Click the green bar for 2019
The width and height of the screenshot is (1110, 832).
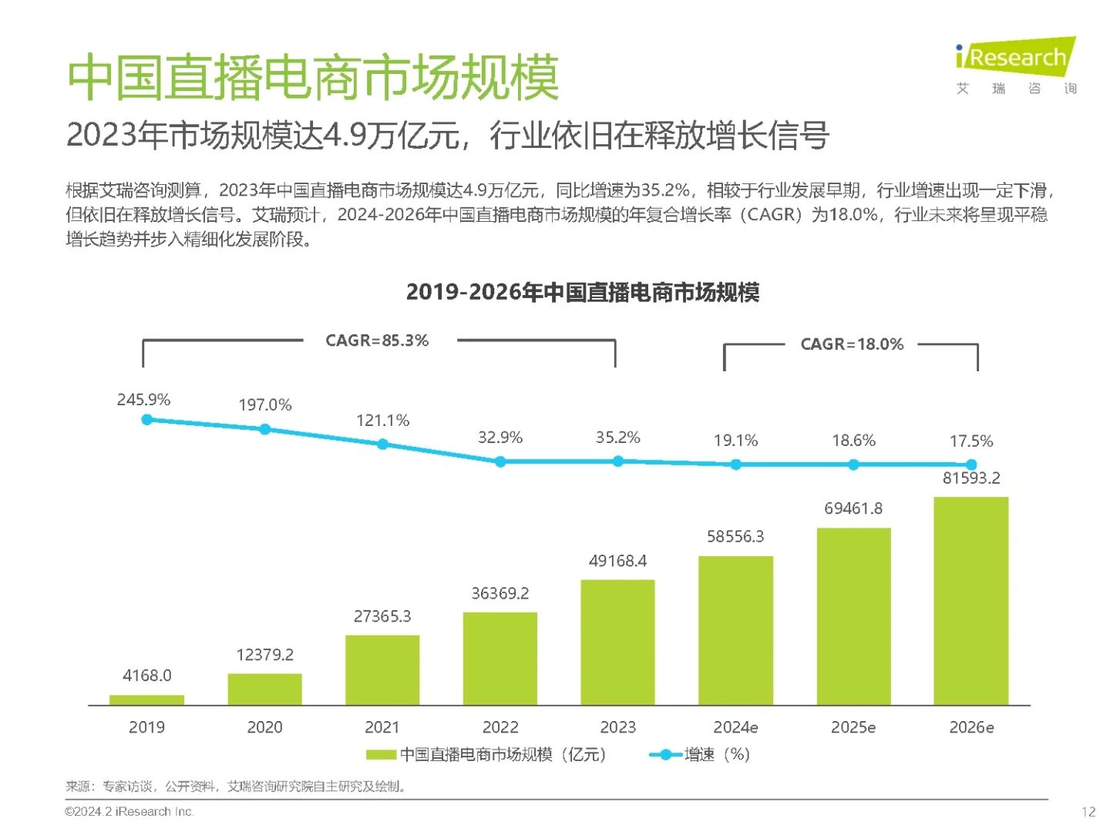click(146, 699)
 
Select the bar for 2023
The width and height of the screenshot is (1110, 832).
click(617, 642)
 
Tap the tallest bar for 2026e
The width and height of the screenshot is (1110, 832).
click(970, 601)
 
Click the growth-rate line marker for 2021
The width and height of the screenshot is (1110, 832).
click(382, 445)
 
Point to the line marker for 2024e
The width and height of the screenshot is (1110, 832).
click(735, 465)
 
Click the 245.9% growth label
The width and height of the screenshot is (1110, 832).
click(143, 400)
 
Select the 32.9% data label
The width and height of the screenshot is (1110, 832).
click(499, 438)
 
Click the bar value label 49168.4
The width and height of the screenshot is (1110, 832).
click(617, 561)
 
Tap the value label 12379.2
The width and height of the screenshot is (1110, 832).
click(264, 655)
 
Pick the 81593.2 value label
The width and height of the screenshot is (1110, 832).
click(970, 478)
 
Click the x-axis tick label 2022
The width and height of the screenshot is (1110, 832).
click(499, 727)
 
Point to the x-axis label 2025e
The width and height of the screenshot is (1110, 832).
click(853, 727)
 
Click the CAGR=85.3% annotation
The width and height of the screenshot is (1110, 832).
click(377, 341)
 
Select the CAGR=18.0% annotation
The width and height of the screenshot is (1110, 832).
click(852, 344)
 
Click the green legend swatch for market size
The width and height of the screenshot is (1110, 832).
click(381, 755)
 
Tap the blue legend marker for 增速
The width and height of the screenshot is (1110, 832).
click(665, 755)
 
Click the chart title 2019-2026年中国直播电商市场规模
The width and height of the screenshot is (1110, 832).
click(583, 293)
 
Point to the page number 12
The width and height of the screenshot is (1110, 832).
click(1088, 811)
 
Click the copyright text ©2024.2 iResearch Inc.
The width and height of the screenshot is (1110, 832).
click(129, 811)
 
